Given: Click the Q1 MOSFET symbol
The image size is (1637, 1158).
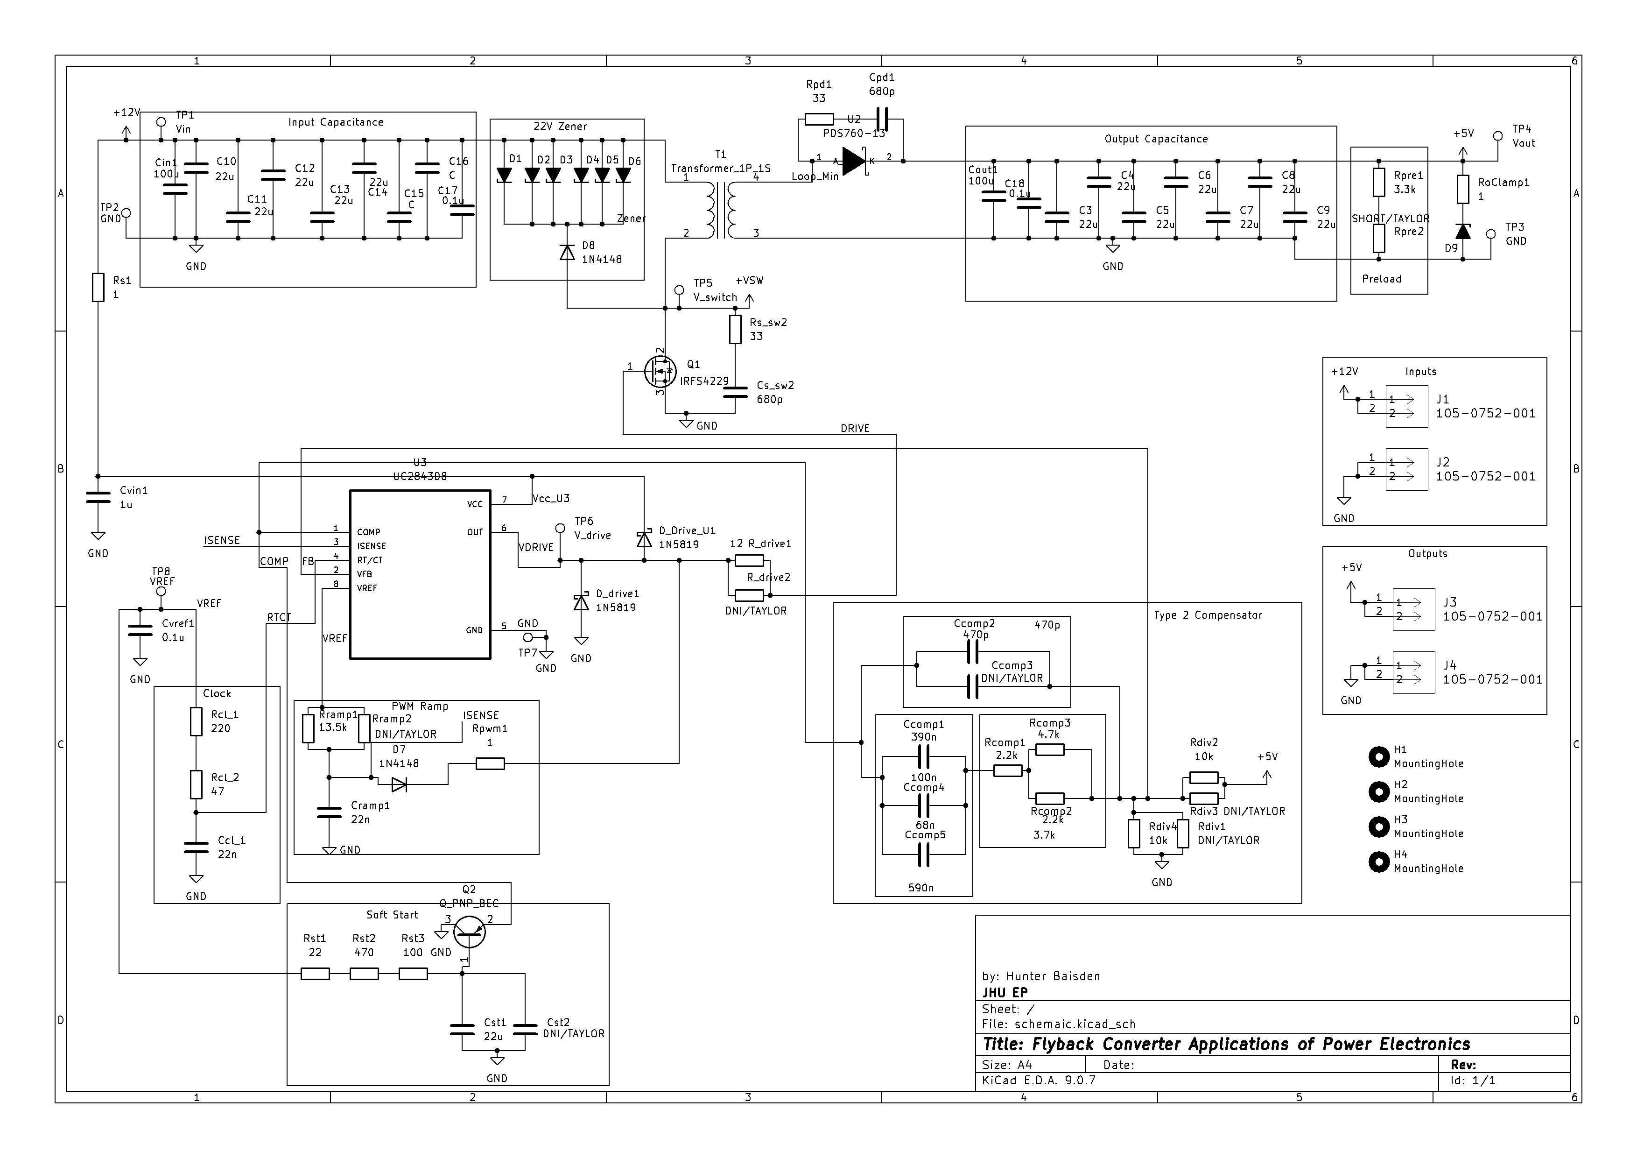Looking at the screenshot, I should pos(660,371).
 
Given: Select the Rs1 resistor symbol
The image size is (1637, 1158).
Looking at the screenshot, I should pos(98,287).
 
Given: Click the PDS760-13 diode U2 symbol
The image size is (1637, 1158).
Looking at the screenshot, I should pos(853,161).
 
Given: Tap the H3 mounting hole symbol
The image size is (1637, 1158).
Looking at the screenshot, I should pos(1379,827).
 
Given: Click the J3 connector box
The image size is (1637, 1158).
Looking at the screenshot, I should pos(1413,610).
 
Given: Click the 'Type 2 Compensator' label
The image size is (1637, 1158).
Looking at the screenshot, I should pos(1208,615).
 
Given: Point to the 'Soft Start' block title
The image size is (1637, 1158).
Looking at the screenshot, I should pos(392,915).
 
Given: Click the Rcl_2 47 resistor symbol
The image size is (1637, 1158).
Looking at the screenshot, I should pos(196,784).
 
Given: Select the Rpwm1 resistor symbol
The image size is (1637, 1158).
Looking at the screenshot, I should pos(490,764).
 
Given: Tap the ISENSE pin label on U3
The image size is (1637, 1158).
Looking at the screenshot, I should pos(372,546).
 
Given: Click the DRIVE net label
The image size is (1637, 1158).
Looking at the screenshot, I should pos(855,429).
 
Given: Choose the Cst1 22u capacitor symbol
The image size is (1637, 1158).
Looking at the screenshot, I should pos(462,1030).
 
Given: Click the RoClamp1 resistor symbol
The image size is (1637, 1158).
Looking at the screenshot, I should pos(1463,190).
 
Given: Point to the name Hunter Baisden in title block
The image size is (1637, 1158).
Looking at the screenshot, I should pos(1053,976).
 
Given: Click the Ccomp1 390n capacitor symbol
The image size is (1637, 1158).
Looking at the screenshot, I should pos(924,756).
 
